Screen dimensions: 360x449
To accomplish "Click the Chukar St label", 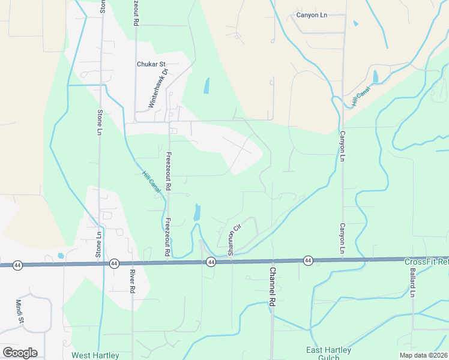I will tap(151, 64).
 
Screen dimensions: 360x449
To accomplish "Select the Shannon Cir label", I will tap(233, 238).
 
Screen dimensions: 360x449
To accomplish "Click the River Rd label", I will tap(131, 281).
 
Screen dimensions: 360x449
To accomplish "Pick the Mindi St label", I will tap(19, 311).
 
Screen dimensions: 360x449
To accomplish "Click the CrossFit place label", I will tap(426, 262).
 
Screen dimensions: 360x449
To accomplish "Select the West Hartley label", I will tap(95, 355).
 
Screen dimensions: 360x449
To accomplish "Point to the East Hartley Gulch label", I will tap(329, 354).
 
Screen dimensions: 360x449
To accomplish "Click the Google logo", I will tap(20, 353).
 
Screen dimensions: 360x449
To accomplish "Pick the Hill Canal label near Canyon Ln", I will tap(361, 96).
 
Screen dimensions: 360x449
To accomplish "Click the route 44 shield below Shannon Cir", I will tap(211, 262).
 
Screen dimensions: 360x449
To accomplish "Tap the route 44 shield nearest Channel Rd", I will tap(308, 260).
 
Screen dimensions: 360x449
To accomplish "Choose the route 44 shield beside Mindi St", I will tap(17, 265).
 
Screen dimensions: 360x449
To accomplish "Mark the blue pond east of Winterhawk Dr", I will tap(206, 86).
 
